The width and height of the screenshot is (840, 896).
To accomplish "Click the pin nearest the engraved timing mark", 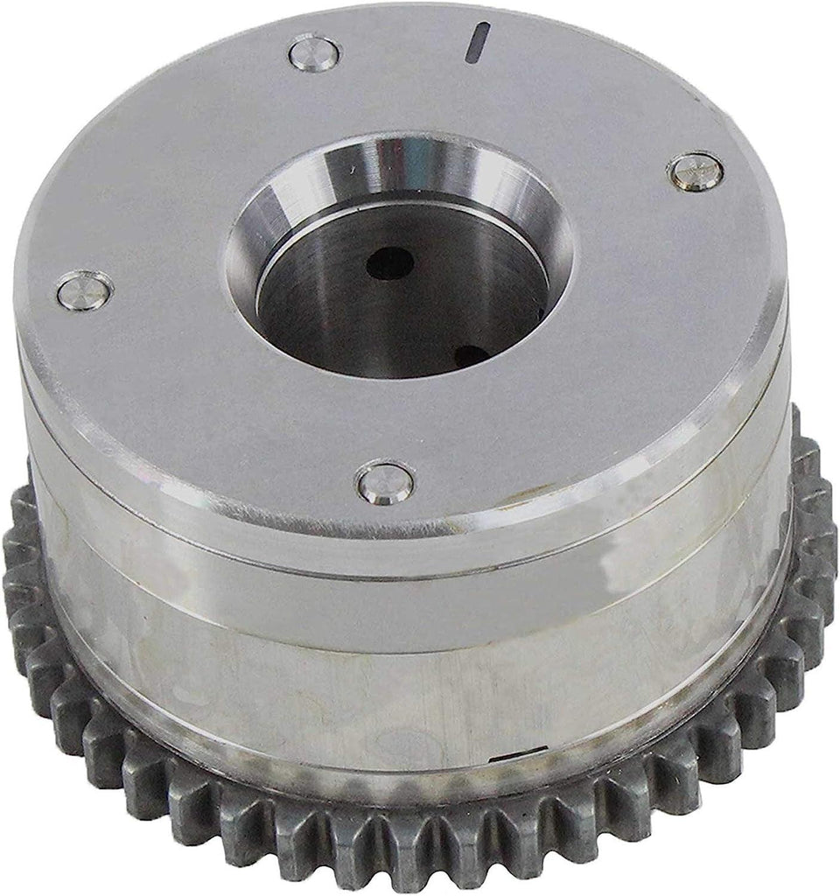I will [x=314, y=53].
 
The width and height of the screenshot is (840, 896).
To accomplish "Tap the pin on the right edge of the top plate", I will [x=696, y=171].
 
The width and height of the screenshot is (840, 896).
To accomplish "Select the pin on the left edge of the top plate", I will [x=84, y=290].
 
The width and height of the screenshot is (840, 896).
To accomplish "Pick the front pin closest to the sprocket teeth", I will [x=385, y=482].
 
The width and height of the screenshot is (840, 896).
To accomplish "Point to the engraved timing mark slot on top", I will [x=478, y=43].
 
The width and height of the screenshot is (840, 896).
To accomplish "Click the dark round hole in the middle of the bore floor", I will [x=390, y=262].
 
